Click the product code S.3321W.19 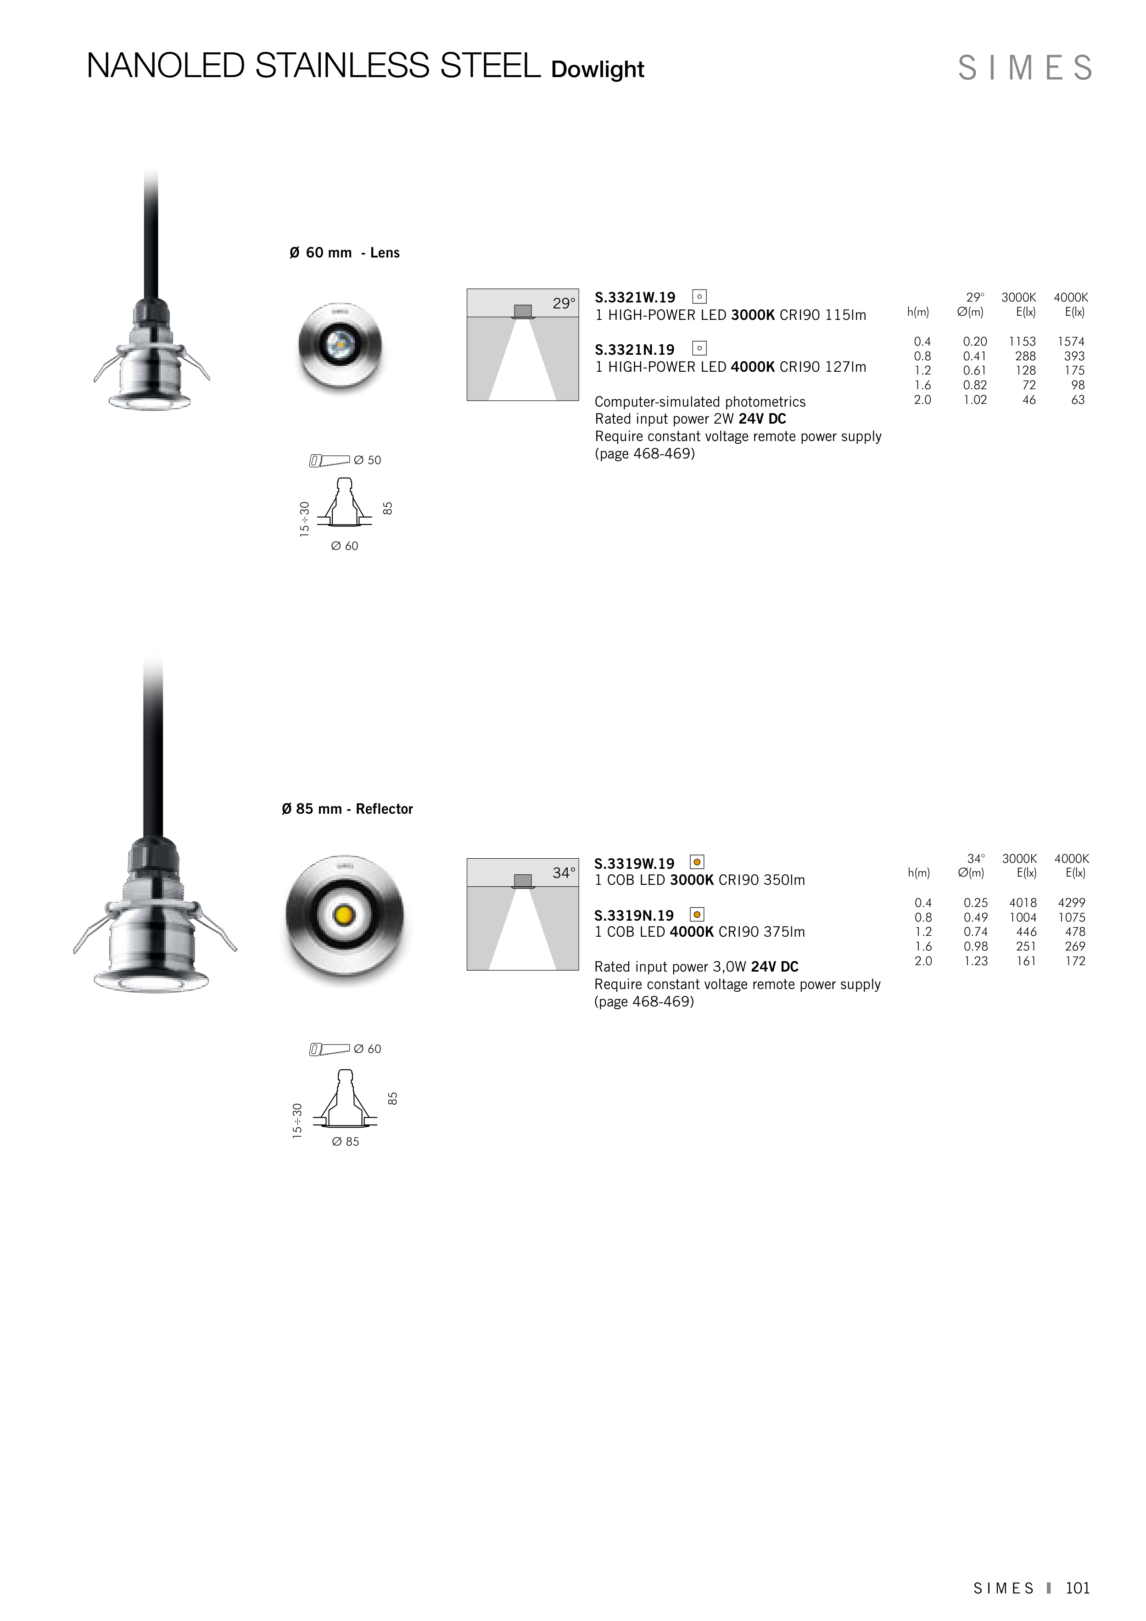635,298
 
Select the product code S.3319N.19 634,916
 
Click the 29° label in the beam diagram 564,303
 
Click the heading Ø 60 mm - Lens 345,253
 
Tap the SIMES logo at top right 1024,68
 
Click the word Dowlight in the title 598,70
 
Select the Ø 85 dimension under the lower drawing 345,1141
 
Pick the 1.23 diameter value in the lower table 975,961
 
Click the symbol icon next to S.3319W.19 697,862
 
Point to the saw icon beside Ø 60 329,1050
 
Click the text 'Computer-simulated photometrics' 700,402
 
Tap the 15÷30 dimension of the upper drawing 304,519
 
